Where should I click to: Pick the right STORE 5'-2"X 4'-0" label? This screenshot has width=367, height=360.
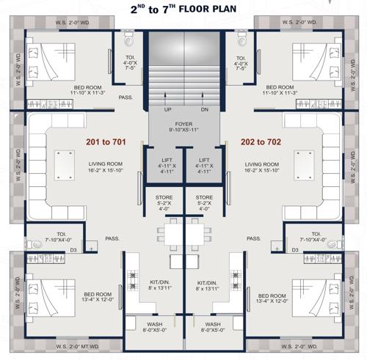[203, 202]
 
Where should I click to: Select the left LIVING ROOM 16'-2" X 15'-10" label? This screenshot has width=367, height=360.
[103, 168]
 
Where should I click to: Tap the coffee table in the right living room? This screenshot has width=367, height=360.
[300, 163]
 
